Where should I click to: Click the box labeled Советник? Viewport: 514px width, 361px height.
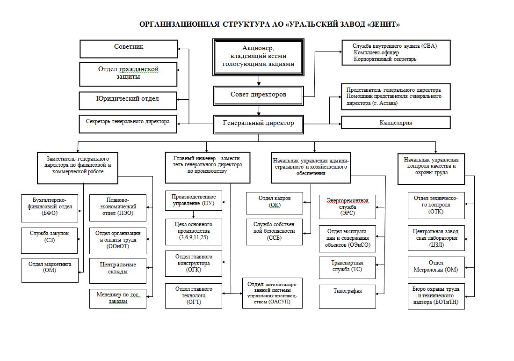click(129, 48)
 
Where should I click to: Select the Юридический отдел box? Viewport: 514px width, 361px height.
click(128, 99)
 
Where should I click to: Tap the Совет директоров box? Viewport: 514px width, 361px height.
click(258, 96)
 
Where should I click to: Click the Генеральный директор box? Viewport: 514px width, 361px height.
click(258, 124)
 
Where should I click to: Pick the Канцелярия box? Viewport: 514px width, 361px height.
click(396, 123)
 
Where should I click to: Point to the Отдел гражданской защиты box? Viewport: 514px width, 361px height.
click(129, 74)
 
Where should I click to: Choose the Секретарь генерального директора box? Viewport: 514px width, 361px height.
click(128, 122)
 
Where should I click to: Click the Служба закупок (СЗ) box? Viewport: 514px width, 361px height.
click(50, 237)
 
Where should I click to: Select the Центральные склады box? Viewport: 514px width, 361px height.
click(117, 269)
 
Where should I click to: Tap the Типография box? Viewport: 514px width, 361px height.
click(347, 296)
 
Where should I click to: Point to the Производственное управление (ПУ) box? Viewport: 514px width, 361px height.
click(194, 200)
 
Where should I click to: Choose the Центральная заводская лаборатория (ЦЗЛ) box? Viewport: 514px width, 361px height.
click(436, 237)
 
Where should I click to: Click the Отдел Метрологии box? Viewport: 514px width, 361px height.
click(436, 266)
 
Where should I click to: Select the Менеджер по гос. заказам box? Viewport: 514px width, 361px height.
click(117, 298)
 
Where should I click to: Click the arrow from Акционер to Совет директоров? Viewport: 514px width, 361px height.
click(259, 81)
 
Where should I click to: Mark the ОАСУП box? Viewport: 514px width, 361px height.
click(272, 293)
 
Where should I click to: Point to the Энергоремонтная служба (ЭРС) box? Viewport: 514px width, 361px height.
click(347, 206)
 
